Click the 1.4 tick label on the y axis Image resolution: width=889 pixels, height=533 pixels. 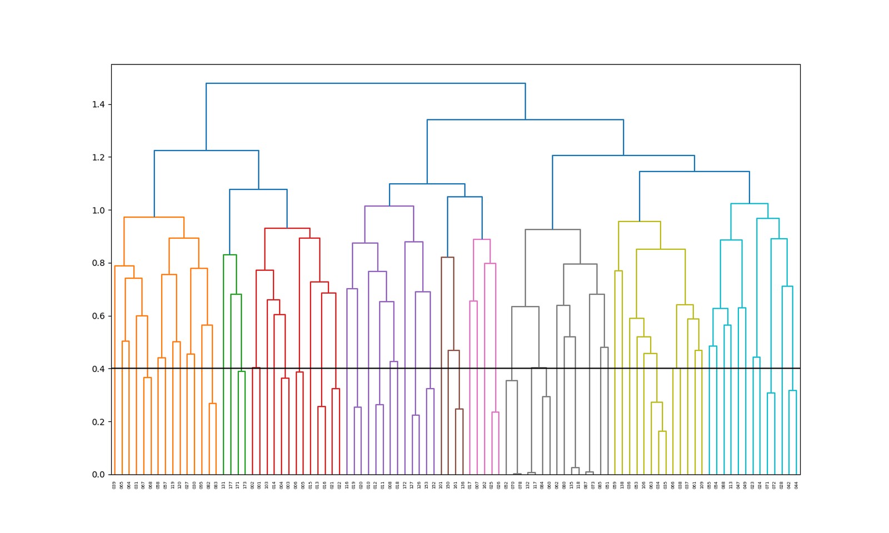pyautogui.click(x=98, y=104)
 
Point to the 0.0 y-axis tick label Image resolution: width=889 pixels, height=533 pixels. pyautogui.click(x=98, y=475)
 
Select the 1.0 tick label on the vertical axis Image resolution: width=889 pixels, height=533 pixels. pyautogui.click(x=98, y=210)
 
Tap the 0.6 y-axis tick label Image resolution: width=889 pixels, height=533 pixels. pyautogui.click(x=98, y=316)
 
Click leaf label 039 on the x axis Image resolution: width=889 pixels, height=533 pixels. pyautogui.click(x=114, y=485)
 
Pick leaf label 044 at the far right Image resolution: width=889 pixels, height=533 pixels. pyautogui.click(x=796, y=485)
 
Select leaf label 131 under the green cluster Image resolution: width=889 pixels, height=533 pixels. pyautogui.click(x=223, y=485)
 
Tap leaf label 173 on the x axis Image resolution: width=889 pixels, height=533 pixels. pyautogui.click(x=245, y=485)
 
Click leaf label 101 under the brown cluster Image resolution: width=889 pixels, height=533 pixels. pyautogui.click(x=441, y=485)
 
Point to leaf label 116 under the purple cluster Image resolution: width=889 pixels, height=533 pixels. pyautogui.click(x=347, y=485)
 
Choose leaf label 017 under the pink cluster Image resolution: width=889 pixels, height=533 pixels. pyautogui.click(x=470, y=485)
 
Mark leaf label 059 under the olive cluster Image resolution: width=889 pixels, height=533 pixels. pyautogui.click(x=615, y=485)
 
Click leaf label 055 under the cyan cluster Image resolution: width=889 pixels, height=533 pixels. pyautogui.click(x=710, y=485)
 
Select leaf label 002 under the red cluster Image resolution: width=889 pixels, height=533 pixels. pyautogui.click(x=252, y=485)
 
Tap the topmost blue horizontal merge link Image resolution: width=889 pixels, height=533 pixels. pyautogui.click(x=366, y=83)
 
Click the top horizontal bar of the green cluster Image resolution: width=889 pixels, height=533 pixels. pyautogui.click(x=230, y=255)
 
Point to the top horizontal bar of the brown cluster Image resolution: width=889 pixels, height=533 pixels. pyautogui.click(x=447, y=257)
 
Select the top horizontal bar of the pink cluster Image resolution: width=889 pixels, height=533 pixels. pyautogui.click(x=482, y=239)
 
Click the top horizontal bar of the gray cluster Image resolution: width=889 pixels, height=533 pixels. pyautogui.click(x=552, y=229)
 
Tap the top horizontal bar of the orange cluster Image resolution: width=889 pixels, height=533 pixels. pyautogui.click(x=154, y=217)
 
